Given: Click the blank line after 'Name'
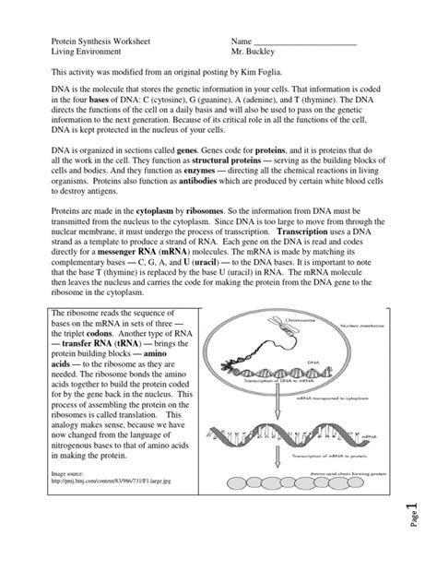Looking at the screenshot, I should pos(304,43).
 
